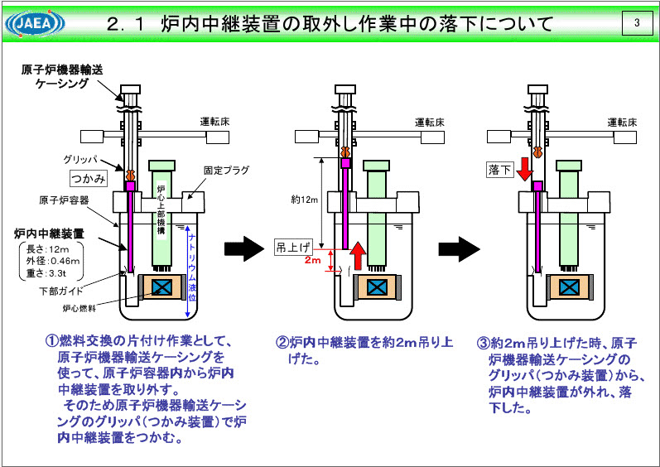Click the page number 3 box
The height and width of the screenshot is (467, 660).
[636, 23]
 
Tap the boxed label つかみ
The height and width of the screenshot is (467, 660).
[88, 176]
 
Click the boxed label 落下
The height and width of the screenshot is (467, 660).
[499, 171]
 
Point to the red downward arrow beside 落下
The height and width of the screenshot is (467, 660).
[523, 169]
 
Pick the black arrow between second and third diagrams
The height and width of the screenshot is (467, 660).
[458, 247]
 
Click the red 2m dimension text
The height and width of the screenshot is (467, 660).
[312, 260]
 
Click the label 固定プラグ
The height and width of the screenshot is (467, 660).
[224, 170]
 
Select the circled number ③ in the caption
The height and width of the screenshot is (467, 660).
[484, 342]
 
